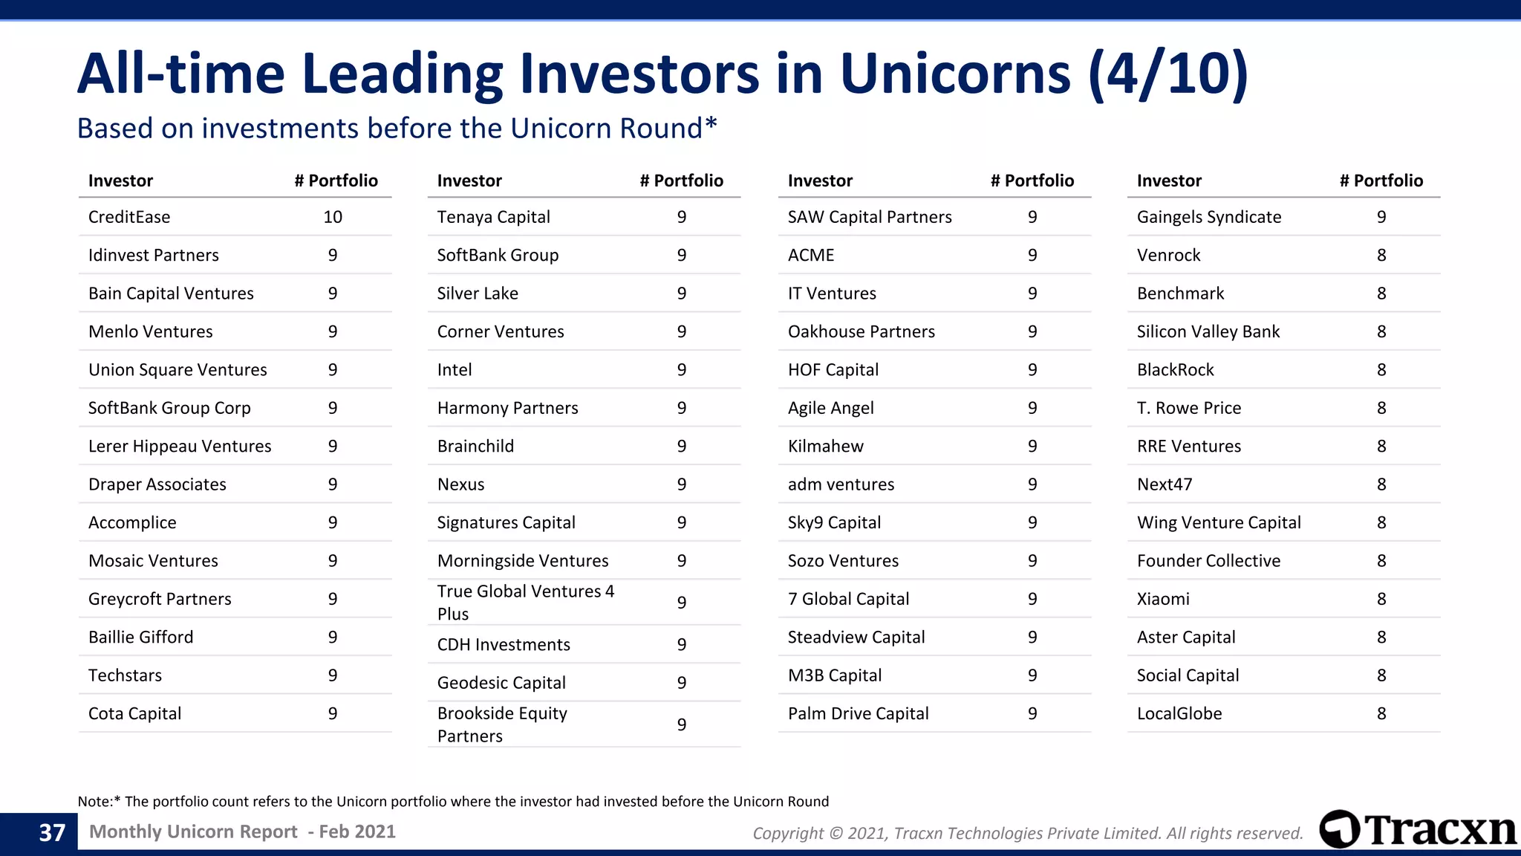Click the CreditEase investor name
pyautogui.click(x=129, y=217)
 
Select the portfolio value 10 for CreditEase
pyautogui.click(x=333, y=217)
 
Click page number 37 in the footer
pyautogui.click(x=52, y=832)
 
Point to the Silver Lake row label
pyautogui.click(x=478, y=294)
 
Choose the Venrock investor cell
pyautogui.click(x=1168, y=256)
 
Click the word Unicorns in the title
pyautogui.click(x=955, y=74)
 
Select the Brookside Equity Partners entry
pyautogui.click(x=502, y=724)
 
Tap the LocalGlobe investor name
pyautogui.click(x=1179, y=714)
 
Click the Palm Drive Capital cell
pyautogui.click(x=858, y=714)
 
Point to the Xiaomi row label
pyautogui.click(x=1163, y=599)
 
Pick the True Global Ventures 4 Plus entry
pyautogui.click(x=525, y=603)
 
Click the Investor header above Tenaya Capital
pyautogui.click(x=469, y=181)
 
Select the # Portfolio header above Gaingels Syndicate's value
pyautogui.click(x=1381, y=181)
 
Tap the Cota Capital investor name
pyautogui.click(x=134, y=714)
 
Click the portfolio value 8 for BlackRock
pyautogui.click(x=1381, y=370)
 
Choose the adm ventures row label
pyautogui.click(x=841, y=484)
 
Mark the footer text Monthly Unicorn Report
pyautogui.click(x=193, y=831)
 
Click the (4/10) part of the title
pyautogui.click(x=1167, y=74)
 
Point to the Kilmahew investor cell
pyautogui.click(x=825, y=447)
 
